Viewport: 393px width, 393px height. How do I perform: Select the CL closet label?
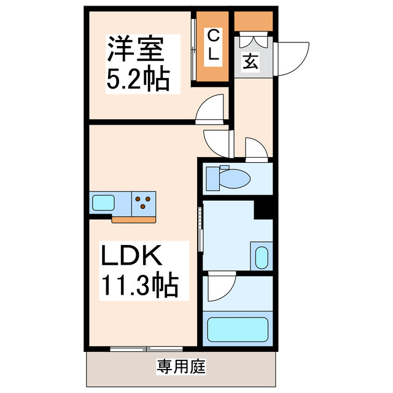tap(212, 46)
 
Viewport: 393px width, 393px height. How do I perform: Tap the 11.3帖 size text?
tap(139, 284)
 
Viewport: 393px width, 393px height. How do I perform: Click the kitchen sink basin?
tap(102, 202)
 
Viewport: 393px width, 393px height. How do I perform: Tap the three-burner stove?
tap(144, 202)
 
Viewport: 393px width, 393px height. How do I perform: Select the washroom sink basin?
tap(260, 256)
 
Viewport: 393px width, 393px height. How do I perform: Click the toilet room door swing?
tap(256, 149)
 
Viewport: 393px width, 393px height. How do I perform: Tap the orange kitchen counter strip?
tap(134, 217)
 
